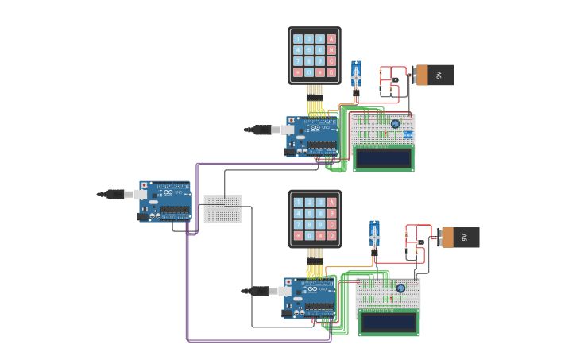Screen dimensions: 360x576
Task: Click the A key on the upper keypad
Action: (331, 38)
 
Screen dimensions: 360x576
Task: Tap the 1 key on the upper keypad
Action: (298, 38)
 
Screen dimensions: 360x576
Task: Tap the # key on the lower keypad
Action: (320, 235)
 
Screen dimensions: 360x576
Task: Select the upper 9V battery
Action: (434, 75)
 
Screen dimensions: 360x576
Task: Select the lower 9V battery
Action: (459, 237)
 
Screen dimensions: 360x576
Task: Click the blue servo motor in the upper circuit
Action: (356, 75)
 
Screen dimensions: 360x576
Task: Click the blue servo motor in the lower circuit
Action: (374, 235)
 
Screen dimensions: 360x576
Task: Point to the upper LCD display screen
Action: (383, 158)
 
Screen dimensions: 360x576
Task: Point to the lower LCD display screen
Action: (389, 322)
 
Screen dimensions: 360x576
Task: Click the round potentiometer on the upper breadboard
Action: (395, 123)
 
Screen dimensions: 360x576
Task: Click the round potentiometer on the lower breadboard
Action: (400, 288)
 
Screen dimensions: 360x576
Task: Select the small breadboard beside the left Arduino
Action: (222, 209)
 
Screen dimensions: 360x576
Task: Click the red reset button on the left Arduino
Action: (144, 186)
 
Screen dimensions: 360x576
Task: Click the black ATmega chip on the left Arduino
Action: (175, 211)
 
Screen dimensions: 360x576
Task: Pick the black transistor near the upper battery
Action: (394, 79)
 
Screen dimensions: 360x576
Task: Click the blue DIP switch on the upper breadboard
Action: (408, 134)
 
